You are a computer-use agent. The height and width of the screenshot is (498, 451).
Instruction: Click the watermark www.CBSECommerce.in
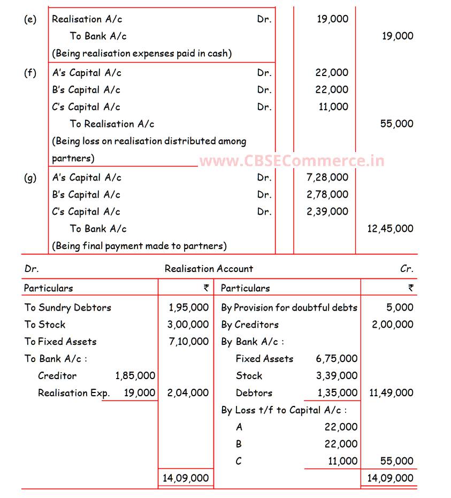click(x=292, y=161)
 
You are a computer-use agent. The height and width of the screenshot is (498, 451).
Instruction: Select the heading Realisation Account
click(x=209, y=269)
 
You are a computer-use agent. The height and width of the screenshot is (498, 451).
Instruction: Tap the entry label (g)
click(x=30, y=178)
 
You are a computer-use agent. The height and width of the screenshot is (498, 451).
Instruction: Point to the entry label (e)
click(x=30, y=19)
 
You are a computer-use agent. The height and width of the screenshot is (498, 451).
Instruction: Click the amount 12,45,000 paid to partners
click(x=390, y=229)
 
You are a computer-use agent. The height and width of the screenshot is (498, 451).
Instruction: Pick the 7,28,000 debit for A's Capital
click(x=327, y=177)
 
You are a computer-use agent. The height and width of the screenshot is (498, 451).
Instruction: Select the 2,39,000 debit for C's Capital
click(x=327, y=212)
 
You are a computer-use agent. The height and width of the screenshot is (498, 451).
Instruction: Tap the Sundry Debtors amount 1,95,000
click(x=188, y=307)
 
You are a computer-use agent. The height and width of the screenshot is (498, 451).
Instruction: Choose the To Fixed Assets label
click(x=60, y=342)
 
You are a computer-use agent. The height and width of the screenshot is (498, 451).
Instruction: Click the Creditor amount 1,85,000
click(x=135, y=376)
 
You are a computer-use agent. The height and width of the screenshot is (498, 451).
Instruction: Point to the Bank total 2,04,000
click(x=188, y=393)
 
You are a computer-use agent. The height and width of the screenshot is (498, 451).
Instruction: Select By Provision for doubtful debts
click(x=289, y=307)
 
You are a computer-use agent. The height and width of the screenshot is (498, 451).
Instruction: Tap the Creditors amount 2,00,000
click(x=392, y=325)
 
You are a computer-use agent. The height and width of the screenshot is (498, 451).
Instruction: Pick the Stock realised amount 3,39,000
click(x=337, y=376)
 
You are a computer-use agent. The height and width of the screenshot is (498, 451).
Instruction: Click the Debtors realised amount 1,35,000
click(x=337, y=393)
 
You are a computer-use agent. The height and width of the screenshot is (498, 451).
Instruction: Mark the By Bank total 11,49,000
click(x=391, y=393)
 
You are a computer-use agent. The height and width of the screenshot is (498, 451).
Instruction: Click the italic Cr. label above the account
click(x=407, y=269)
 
